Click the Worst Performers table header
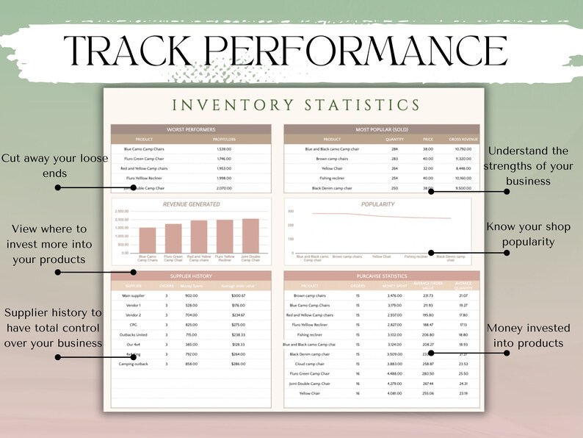(x=191, y=129)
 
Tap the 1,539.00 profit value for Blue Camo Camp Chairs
(x=224, y=148)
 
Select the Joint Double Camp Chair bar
(x=250, y=235)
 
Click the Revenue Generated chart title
(x=191, y=204)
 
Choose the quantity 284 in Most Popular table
(x=394, y=148)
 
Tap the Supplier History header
(x=191, y=276)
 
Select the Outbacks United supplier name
(x=134, y=334)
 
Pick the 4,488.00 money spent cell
(x=394, y=373)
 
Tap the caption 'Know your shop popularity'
(x=530, y=233)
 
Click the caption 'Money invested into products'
(x=525, y=336)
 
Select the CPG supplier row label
(x=134, y=325)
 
